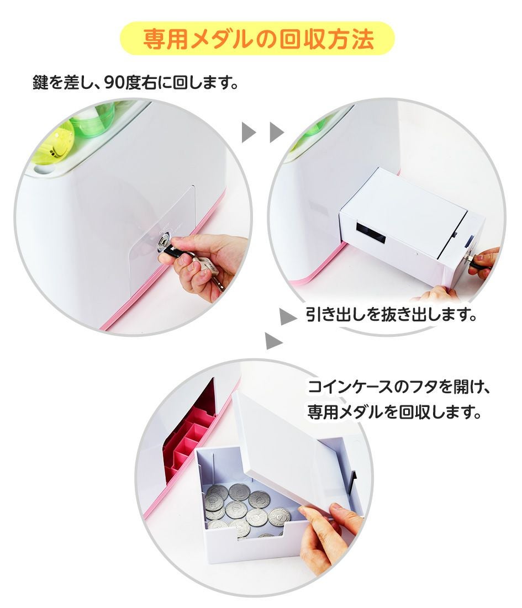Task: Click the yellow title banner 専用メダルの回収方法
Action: tap(257, 39)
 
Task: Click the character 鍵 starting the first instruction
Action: tap(40, 82)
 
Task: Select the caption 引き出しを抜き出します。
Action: tap(391, 315)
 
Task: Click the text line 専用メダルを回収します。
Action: tap(394, 412)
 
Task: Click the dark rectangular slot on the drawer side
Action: tap(370, 234)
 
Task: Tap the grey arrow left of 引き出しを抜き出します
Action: tap(288, 316)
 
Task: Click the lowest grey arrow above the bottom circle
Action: tap(274, 341)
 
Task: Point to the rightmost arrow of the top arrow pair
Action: tap(277, 132)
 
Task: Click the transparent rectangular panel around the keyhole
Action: tap(162, 240)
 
